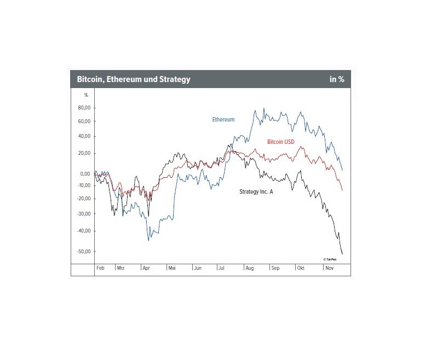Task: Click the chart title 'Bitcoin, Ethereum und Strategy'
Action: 134,79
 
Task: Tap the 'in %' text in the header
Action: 337,79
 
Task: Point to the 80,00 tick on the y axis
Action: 84,108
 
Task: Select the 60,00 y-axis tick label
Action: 84,121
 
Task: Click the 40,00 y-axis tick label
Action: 84,136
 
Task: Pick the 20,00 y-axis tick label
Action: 84,153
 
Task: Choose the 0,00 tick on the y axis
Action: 85,174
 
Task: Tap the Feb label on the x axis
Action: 100,269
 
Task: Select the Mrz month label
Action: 120,269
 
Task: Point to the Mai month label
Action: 172,269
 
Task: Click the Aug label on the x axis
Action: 249,269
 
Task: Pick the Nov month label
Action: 329,269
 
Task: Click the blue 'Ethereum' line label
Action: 223,119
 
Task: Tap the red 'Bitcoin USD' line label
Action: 280,142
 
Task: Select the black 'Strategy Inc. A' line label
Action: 256,191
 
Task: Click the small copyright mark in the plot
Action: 329,259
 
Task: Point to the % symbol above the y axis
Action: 85,95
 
